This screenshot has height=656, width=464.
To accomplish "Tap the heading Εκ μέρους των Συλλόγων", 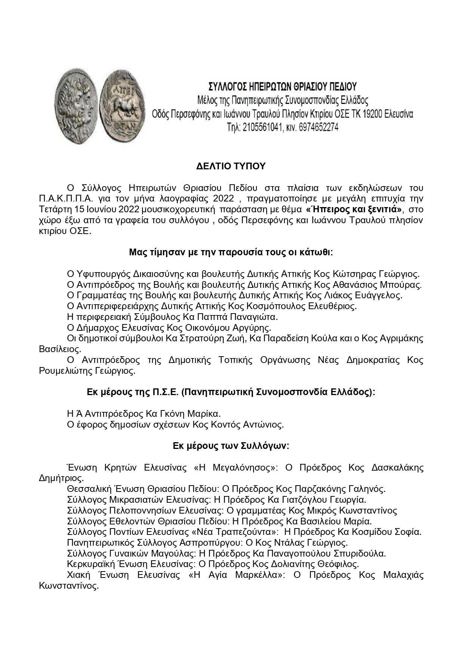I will click(231, 446).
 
